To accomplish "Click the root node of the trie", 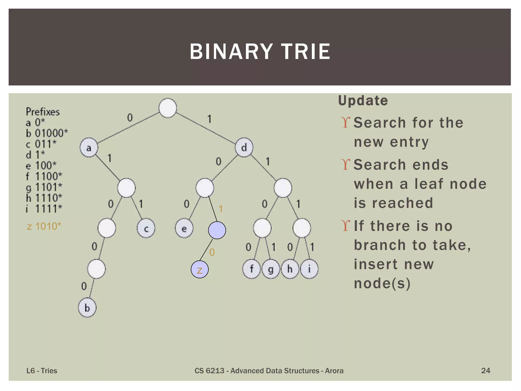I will point(168,108).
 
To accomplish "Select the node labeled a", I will point(89,147).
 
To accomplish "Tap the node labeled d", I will point(244,147).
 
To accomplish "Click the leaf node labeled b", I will point(87,308).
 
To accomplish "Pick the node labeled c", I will point(146,228).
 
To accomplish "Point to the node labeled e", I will point(184,228).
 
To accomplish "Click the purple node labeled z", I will point(200,269).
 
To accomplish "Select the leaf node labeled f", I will point(251,269).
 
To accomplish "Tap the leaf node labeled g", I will point(271,269).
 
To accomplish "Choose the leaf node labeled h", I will point(290,269).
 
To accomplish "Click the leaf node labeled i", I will point(309,269).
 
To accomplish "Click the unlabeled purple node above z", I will point(217,230).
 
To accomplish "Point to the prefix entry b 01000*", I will point(47,133).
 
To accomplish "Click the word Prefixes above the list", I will point(43,112).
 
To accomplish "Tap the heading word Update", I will point(363,101).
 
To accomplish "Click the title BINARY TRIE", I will point(260,52).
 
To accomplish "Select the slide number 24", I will point(485,370).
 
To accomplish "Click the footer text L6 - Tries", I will point(42,371).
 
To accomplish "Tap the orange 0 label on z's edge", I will point(212,252).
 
